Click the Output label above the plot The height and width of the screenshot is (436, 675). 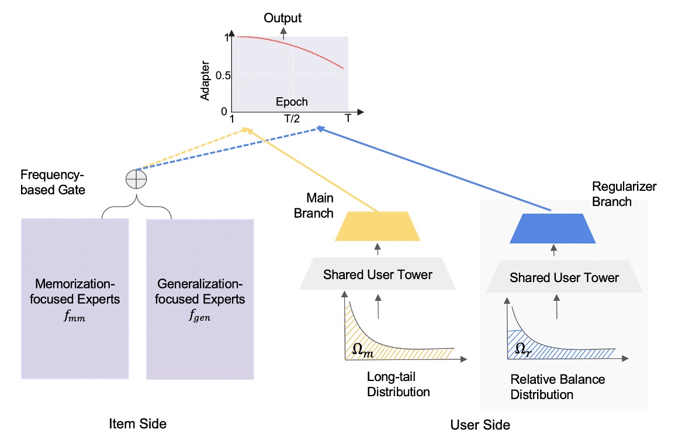point(283,18)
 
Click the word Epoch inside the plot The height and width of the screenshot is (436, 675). point(292,102)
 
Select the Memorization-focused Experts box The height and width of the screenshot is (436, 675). point(74,299)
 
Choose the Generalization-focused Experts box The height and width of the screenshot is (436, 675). point(200,300)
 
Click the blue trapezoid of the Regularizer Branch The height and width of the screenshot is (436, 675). point(552,228)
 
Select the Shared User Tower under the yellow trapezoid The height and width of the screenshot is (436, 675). point(378,274)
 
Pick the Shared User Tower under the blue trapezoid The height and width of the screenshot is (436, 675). point(564,277)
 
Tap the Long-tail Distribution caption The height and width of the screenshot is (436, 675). point(398,384)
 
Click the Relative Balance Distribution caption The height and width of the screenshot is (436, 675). point(557,387)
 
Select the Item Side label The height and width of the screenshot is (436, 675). point(138,423)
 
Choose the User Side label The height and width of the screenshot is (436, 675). point(480,424)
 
